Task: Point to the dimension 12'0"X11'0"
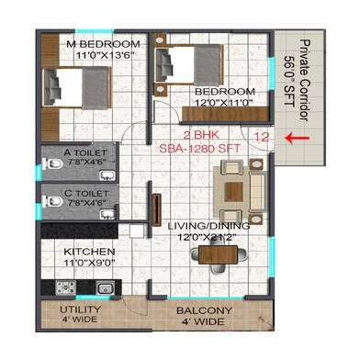click(224, 104)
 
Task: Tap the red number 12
click(262, 136)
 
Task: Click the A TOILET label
click(85, 152)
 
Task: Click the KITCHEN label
click(89, 252)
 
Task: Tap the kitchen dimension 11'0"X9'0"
click(89, 263)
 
